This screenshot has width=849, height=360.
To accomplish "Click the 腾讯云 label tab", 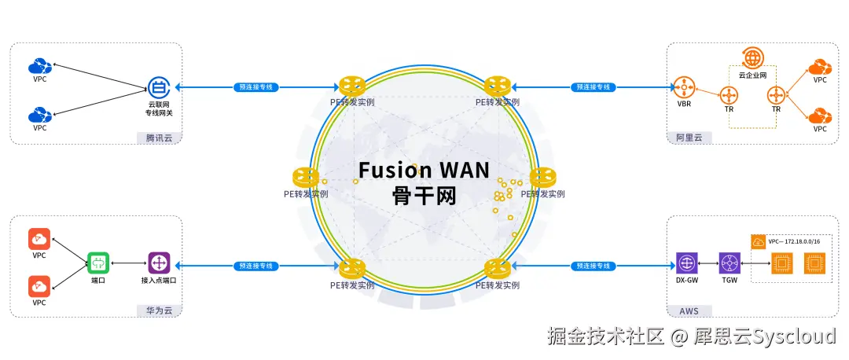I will coord(158,138).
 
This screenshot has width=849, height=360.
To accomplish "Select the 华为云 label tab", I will coord(158,310).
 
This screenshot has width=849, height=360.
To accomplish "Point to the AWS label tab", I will coord(688,310).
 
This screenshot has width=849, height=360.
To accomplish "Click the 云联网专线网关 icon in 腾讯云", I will coord(159,86).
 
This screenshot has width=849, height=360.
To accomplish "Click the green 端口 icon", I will coord(98,262).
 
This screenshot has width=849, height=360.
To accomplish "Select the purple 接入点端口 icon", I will coord(159,262).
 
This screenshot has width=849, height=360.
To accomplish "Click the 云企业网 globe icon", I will coord(752,58).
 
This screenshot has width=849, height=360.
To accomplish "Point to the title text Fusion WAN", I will coord(424,170).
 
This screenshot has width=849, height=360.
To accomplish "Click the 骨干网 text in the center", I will coord(424,195).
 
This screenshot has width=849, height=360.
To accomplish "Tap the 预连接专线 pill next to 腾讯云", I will coord(254,86).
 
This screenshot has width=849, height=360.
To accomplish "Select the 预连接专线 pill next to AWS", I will coord(593,266).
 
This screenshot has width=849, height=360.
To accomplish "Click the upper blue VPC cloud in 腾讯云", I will coord(39,66).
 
